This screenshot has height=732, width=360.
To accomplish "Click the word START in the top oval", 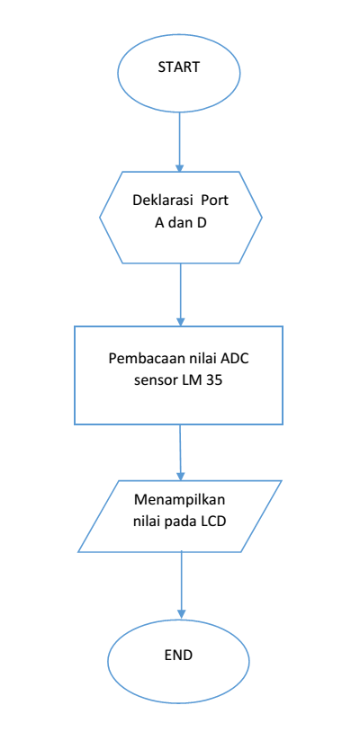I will tap(179, 67).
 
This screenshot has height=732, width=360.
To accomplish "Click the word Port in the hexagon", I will tap(217, 199).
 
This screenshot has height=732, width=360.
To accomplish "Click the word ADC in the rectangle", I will tap(238, 357).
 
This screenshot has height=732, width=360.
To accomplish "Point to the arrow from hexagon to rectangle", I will tap(181, 292).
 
